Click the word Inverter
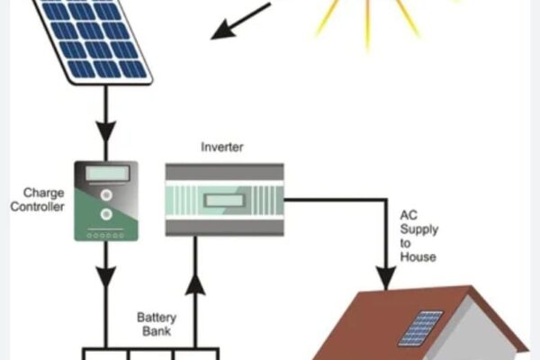(222, 147)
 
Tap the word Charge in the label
(44, 193)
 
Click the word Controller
(37, 207)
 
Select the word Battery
(157, 318)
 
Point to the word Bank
(157, 331)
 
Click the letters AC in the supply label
(409, 215)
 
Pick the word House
(418, 256)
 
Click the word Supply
(419, 229)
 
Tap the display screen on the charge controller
(107, 173)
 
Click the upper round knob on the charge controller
(106, 195)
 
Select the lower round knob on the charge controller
(106, 214)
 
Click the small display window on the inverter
(224, 200)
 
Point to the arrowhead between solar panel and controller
(106, 131)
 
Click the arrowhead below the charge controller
(106, 277)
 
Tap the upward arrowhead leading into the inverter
(195, 284)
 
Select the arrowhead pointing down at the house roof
(386, 277)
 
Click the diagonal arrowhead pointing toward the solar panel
(222, 30)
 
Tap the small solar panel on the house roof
(420, 328)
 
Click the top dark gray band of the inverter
(224, 172)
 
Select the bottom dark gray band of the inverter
(224, 228)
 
